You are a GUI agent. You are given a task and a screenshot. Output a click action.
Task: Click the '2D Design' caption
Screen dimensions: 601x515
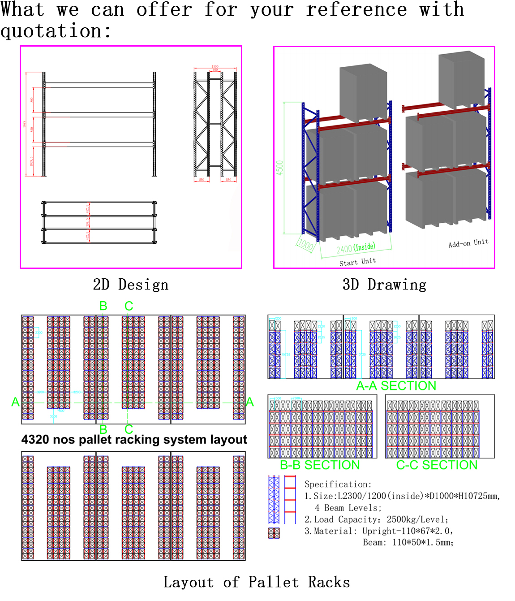(x=131, y=285)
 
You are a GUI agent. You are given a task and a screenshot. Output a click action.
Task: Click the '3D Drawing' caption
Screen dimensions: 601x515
(x=384, y=285)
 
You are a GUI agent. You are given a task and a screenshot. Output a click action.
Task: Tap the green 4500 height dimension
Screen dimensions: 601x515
(x=280, y=168)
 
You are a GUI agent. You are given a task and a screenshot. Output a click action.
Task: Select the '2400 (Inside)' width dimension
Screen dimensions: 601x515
(x=356, y=248)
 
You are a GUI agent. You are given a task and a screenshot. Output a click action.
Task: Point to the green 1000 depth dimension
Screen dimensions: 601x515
(x=305, y=245)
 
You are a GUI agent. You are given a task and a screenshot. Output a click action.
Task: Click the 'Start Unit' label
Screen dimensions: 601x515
(x=357, y=262)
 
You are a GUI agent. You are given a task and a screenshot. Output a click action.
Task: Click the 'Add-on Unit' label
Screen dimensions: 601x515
(x=468, y=243)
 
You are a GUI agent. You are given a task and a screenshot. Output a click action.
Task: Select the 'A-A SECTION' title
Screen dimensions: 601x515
(x=396, y=386)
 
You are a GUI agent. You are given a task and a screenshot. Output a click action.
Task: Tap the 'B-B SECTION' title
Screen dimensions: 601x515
(x=320, y=465)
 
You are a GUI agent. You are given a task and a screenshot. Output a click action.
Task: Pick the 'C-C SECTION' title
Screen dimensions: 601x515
(x=437, y=465)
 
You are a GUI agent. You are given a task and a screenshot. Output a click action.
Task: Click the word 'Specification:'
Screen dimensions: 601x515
(x=338, y=484)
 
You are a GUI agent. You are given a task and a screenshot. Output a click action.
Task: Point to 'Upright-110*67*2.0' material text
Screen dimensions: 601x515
(x=408, y=531)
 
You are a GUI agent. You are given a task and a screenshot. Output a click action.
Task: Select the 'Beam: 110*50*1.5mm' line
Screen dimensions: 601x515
(x=408, y=543)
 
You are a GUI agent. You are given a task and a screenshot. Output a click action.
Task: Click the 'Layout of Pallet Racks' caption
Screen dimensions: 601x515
(x=257, y=582)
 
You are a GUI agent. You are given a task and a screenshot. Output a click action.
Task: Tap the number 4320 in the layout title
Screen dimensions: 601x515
(x=35, y=439)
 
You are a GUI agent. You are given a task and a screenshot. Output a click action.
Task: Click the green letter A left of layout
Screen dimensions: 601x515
(x=16, y=402)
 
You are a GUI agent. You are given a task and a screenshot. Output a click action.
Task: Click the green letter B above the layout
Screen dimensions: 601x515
(x=103, y=306)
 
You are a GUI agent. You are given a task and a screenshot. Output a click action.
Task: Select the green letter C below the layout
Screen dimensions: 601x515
(x=129, y=429)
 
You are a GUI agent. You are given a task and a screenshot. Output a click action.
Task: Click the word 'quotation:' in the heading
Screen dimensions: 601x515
(x=56, y=31)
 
